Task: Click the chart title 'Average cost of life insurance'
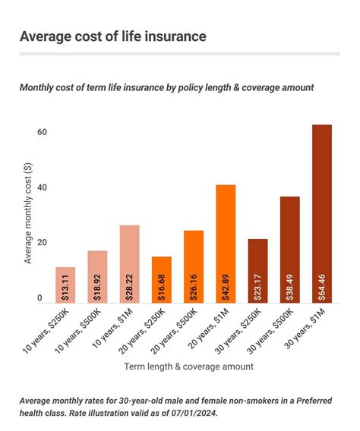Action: [112, 36]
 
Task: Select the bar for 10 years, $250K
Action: [65, 285]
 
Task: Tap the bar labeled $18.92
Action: [97, 277]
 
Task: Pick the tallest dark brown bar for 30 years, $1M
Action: [322, 214]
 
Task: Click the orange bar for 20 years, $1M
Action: [226, 244]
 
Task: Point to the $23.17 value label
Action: [257, 288]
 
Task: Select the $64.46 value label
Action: [322, 288]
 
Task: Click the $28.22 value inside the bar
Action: [129, 288]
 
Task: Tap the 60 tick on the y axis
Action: [42, 132]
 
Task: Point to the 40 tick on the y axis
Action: [42, 187]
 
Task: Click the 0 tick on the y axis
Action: [39, 298]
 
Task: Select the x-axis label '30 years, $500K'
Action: [270, 331]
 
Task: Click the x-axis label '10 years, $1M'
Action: [112, 328]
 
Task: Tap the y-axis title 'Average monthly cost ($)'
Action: [28, 213]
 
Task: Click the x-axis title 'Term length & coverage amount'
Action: [188, 367]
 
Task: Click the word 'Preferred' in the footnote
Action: [314, 401]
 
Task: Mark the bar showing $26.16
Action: [194, 267]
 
